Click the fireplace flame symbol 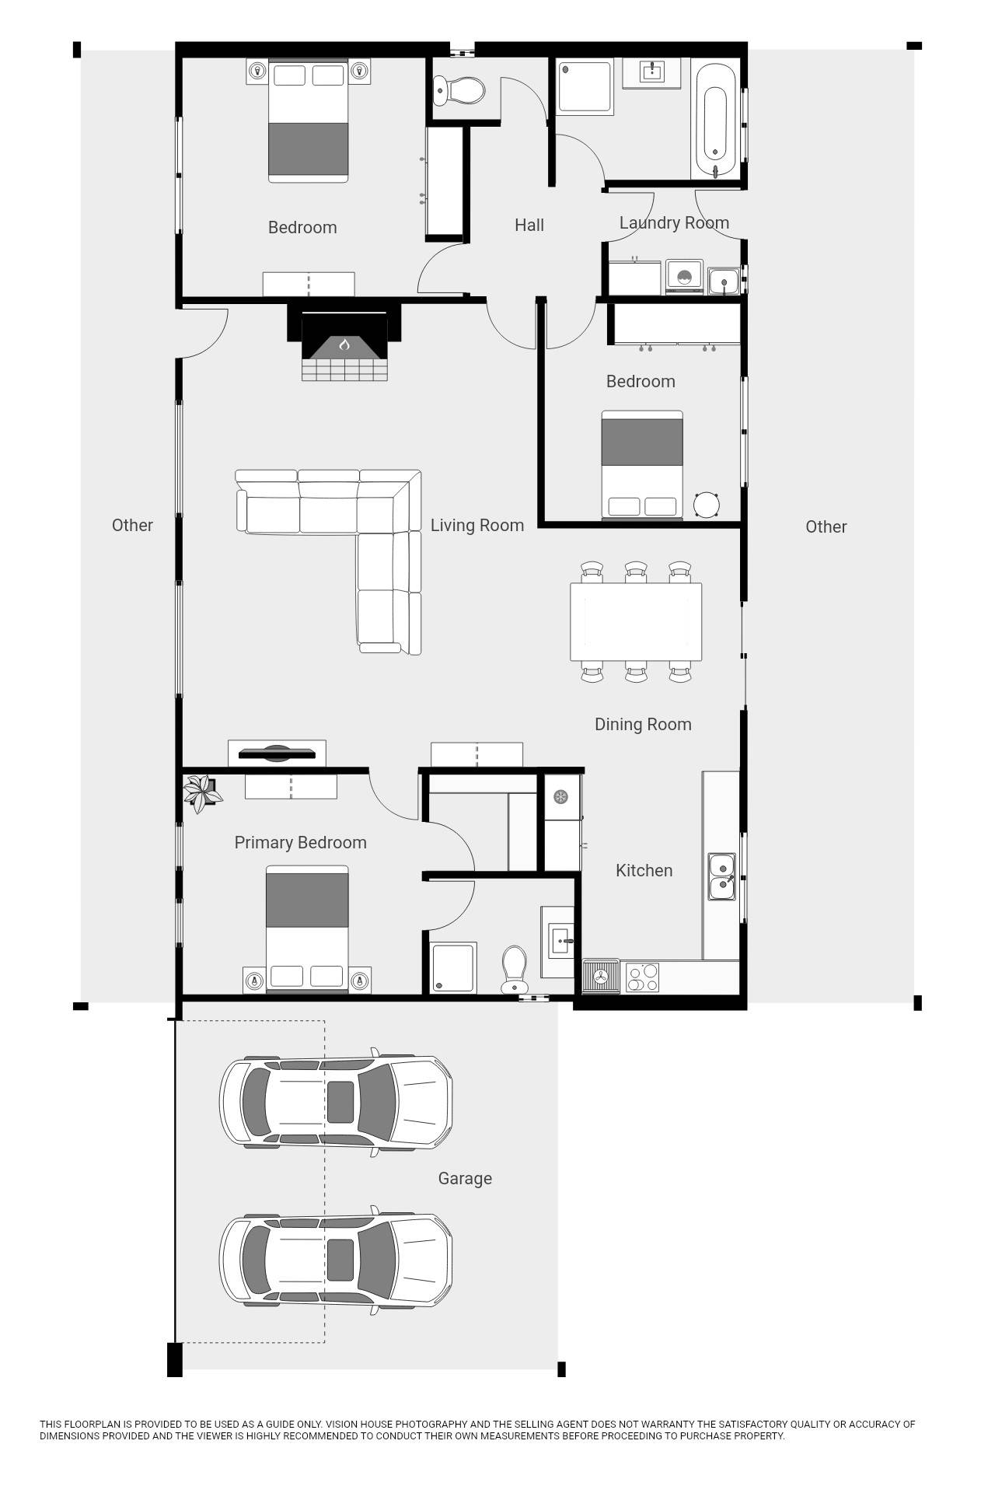[344, 344]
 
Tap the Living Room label [477, 526]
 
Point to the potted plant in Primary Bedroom [201, 793]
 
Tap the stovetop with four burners [642, 977]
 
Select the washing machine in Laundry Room [684, 278]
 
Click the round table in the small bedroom [707, 505]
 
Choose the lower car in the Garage [336, 1260]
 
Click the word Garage [465, 1179]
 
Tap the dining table [636, 621]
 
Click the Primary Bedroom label [300, 843]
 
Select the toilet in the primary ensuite [513, 968]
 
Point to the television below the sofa [277, 753]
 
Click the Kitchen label [644, 871]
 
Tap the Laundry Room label [674, 223]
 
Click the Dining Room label [643, 725]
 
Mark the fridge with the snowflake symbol [561, 796]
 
